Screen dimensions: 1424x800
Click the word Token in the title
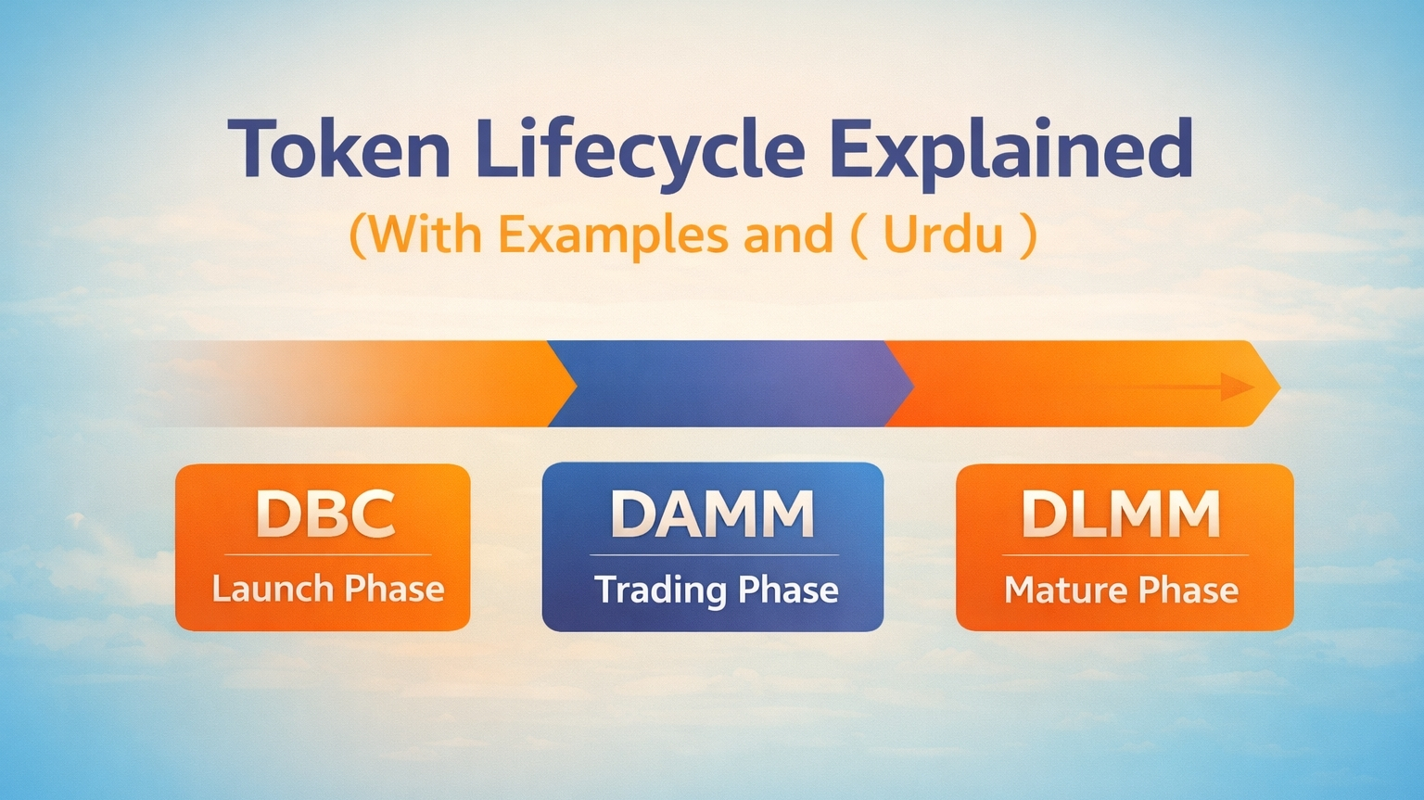pos(338,150)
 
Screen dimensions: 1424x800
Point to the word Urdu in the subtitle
pos(943,234)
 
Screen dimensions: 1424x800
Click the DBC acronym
pos(325,514)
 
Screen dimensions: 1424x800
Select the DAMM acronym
pos(712,514)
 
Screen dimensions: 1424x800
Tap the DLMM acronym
pos(1121,514)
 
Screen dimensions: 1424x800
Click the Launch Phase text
pos(327,589)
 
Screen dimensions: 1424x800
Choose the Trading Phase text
pos(716,590)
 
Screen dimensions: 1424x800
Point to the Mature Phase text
pos(1121,590)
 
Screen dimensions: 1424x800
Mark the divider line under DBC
pos(327,554)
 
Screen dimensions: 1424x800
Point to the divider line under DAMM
pos(714,555)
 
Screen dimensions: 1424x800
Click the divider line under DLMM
pos(1124,555)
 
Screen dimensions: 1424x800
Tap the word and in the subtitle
pos(788,234)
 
